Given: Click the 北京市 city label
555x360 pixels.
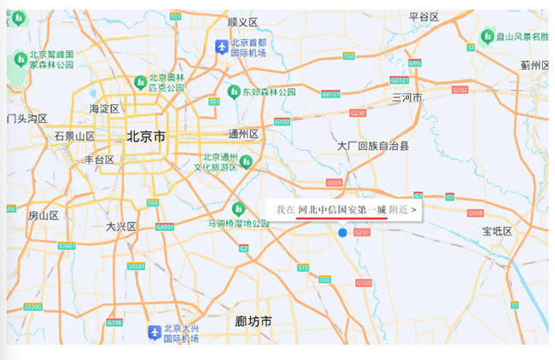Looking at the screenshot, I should pyautogui.click(x=146, y=136).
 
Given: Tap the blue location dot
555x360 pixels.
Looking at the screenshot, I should pyautogui.click(x=342, y=232).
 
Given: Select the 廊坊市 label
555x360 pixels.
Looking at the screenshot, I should pyautogui.click(x=253, y=322).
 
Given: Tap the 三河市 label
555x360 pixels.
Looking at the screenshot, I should pyautogui.click(x=407, y=98).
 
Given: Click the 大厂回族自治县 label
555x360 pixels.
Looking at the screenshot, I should pyautogui.click(x=373, y=146).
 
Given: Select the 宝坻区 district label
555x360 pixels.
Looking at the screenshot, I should pyautogui.click(x=496, y=231).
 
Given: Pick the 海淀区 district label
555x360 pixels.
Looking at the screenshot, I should pyautogui.click(x=104, y=108).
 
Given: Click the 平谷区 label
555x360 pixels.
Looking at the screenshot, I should pyautogui.click(x=424, y=16).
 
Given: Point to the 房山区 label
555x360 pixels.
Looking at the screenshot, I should pyautogui.click(x=44, y=215).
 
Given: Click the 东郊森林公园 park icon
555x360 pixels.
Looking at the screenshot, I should pyautogui.click(x=233, y=90).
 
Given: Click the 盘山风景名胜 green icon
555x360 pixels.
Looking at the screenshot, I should pyautogui.click(x=488, y=36).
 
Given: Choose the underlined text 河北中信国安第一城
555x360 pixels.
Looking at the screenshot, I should pyautogui.click(x=342, y=209).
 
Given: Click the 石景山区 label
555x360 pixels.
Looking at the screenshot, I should pyautogui.click(x=74, y=136).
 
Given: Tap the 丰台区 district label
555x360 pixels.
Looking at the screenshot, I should pyautogui.click(x=99, y=160).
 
